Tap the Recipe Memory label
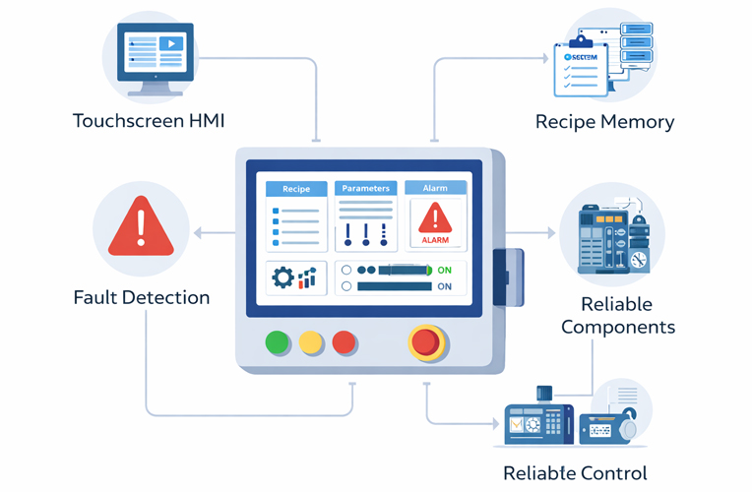[x=604, y=122]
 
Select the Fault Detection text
[x=142, y=297]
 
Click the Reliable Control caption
[x=576, y=473]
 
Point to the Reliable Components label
[x=618, y=316]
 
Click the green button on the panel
[x=279, y=342]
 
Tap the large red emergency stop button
[x=425, y=341]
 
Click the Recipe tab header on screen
[x=296, y=188]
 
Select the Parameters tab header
[x=365, y=188]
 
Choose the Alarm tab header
[x=435, y=188]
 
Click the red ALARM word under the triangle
[x=435, y=239]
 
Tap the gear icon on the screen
[x=283, y=278]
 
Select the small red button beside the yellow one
[x=344, y=342]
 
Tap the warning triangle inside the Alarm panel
[x=435, y=217]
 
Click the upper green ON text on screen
[x=445, y=269]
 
